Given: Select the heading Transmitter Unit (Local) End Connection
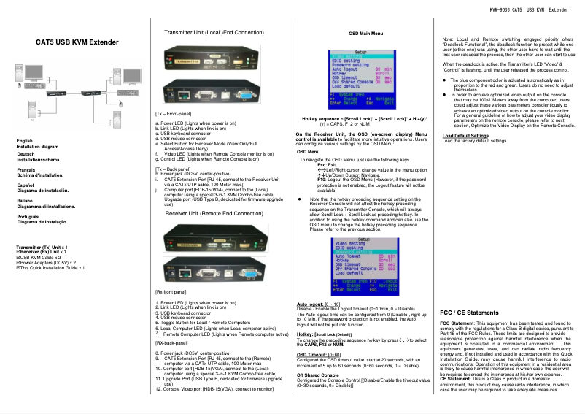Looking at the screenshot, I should coord(214,33).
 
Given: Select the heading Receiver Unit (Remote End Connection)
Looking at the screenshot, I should coord(214,213).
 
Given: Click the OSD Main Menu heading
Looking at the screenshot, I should coord(365,34).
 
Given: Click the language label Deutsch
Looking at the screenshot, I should coord(26,154).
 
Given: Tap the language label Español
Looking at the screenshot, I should coord(26,185).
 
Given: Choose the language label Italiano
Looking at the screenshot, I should coord(26,200).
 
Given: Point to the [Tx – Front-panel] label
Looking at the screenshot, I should coord(174,115).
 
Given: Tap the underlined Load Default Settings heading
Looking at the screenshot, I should coord(465,136).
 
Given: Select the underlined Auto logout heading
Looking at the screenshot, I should coord(311,303).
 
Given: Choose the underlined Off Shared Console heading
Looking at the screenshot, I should coord(317,374).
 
